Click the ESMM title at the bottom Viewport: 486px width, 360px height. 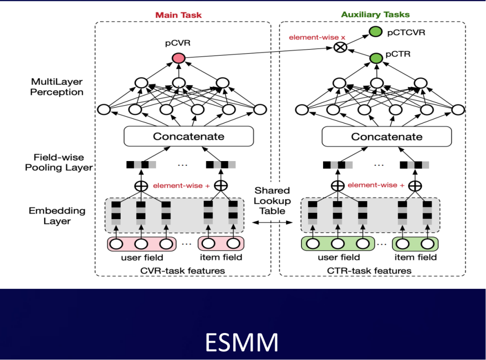242,343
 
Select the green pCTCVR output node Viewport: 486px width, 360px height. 375,31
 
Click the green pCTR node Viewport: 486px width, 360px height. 375,58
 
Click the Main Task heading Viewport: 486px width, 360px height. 179,15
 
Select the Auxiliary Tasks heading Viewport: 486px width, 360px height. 375,14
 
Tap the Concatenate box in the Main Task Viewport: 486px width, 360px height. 189,136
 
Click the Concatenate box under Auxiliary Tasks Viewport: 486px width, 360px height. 387,136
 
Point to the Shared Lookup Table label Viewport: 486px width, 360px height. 272,200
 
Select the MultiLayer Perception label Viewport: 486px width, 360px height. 57,87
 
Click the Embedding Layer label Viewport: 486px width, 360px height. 57,216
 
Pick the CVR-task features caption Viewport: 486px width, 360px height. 183,270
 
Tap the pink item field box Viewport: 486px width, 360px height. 220,244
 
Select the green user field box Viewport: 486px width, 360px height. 337,244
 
